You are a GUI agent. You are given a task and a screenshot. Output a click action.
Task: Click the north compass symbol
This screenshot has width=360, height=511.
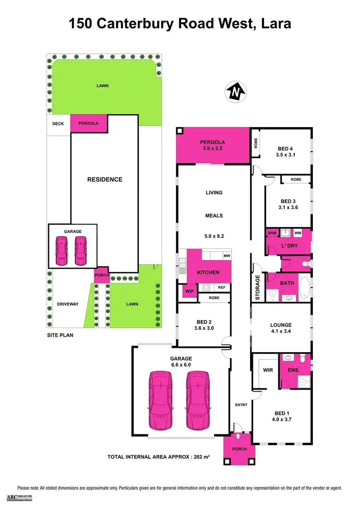pyautogui.click(x=235, y=91)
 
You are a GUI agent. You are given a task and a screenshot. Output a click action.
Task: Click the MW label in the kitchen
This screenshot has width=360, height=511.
pyautogui.click(x=227, y=256)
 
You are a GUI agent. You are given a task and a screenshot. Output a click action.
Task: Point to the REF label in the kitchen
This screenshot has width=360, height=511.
pyautogui.click(x=221, y=287)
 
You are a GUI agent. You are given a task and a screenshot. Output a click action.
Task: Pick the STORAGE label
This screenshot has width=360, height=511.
pyautogui.click(x=258, y=288)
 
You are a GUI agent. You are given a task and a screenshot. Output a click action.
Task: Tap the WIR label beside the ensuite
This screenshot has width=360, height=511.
pyautogui.click(x=268, y=370)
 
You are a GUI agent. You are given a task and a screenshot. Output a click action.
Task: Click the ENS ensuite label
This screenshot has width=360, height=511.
pyautogui.click(x=293, y=370)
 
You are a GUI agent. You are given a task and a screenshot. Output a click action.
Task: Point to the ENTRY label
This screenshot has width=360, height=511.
pyautogui.click(x=241, y=404)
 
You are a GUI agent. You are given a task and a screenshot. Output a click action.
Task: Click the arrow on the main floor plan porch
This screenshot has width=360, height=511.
pyautogui.click(x=239, y=437)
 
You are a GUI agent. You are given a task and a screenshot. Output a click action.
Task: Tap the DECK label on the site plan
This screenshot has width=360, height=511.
pyautogui.click(x=58, y=124)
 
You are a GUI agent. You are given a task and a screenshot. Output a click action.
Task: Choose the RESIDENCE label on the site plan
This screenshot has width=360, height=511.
pyautogui.click(x=105, y=179)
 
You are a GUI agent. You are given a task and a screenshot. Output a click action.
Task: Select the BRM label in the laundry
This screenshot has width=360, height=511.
pyautogui.click(x=272, y=233)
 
